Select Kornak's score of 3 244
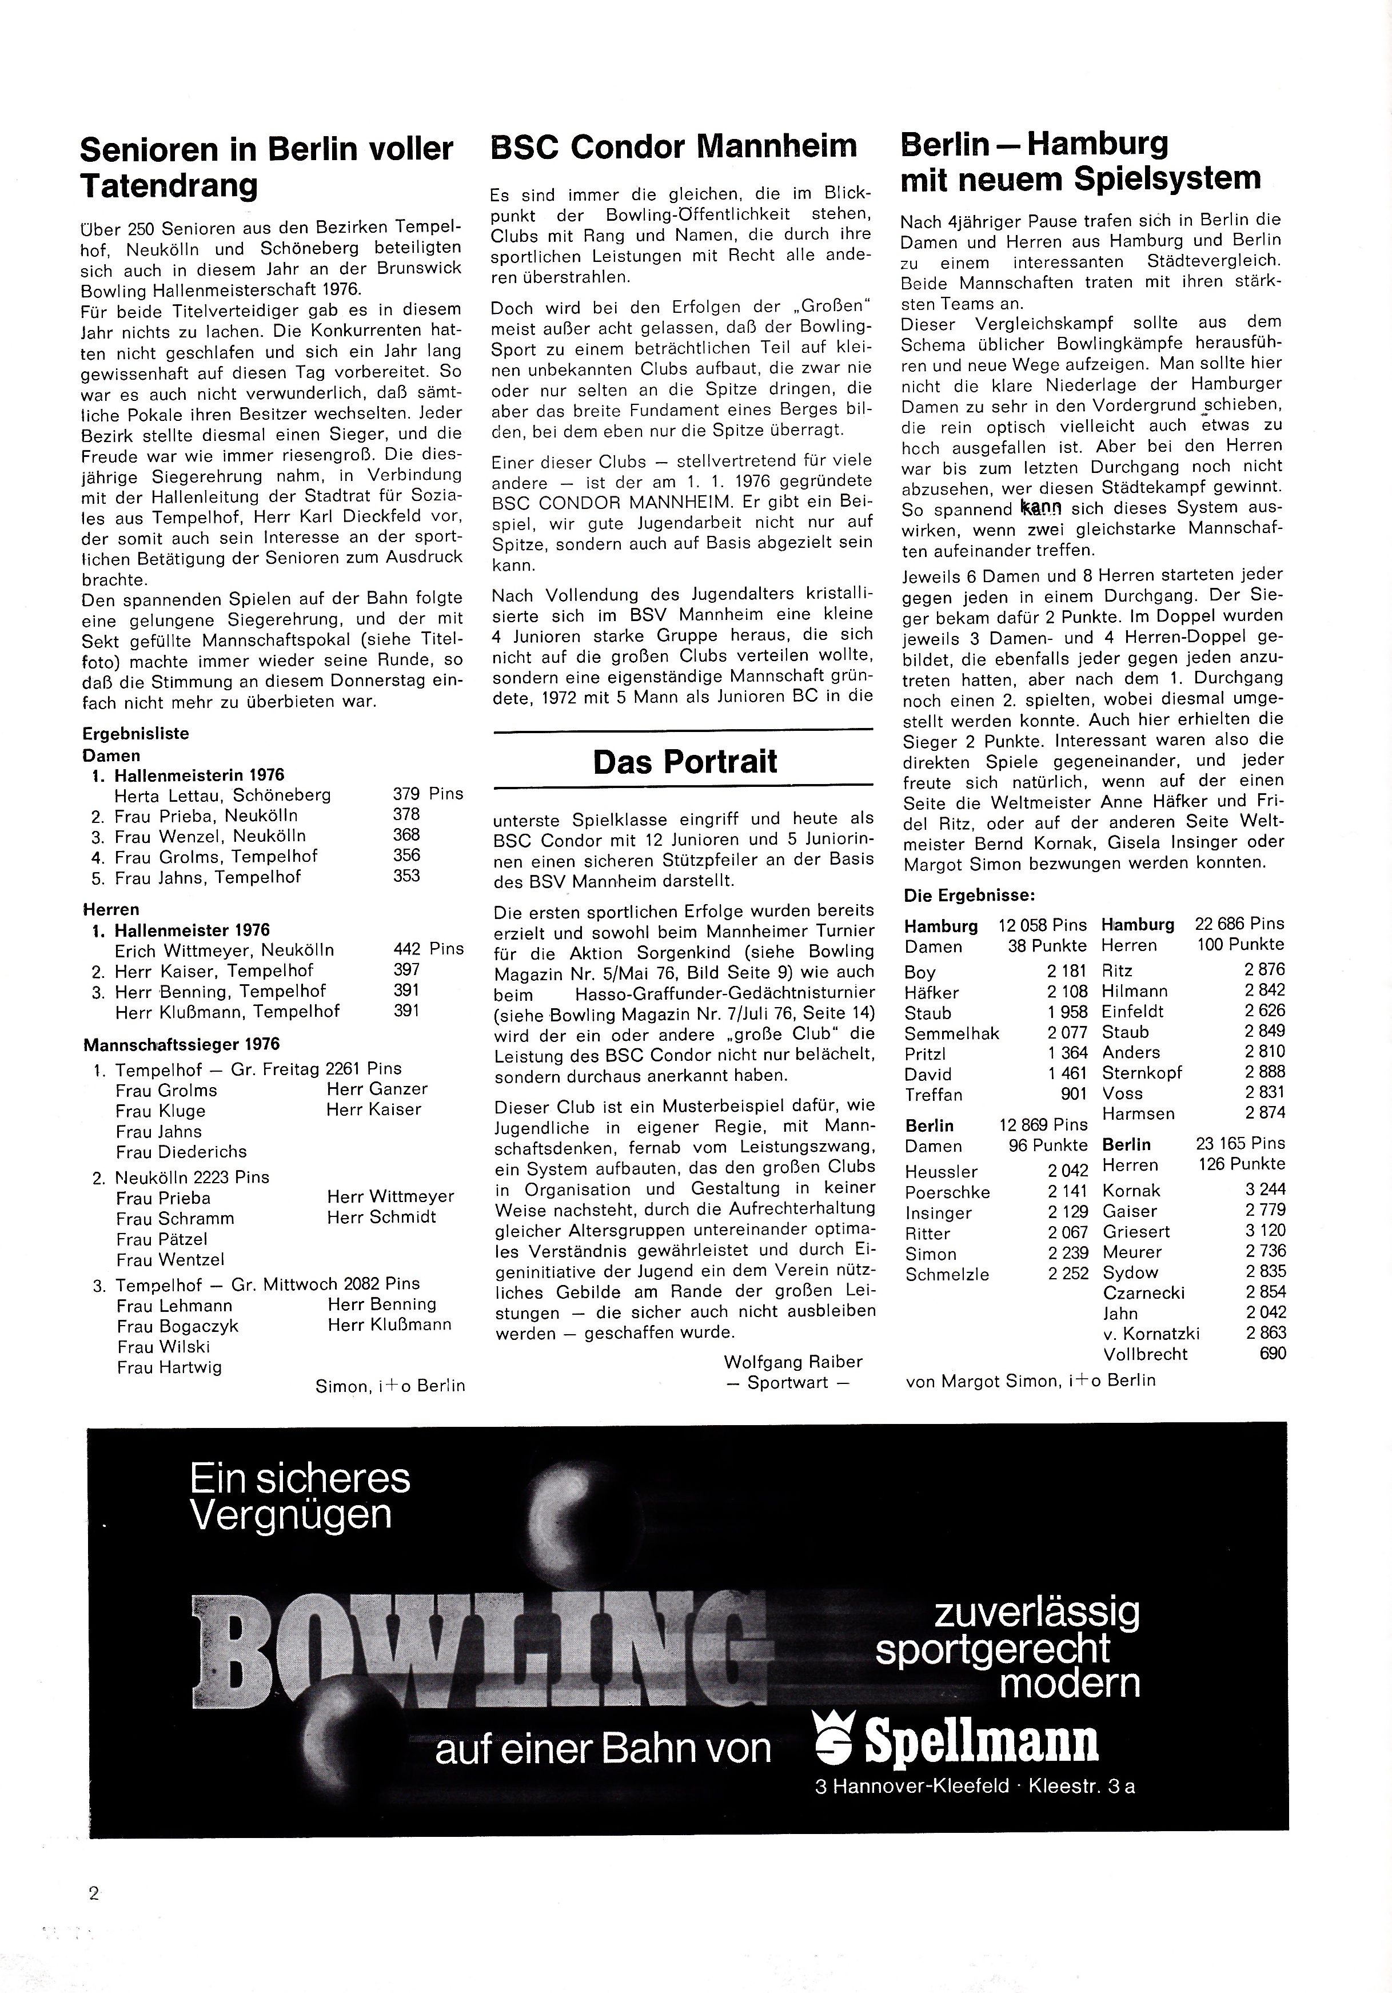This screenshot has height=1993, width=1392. pos(1265,1189)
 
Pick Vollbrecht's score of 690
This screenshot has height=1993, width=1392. pos(1273,1353)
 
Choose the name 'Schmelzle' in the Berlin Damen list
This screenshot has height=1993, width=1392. pos(948,1274)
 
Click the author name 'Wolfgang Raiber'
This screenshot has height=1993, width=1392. pos(793,1362)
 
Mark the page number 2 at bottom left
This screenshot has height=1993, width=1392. pos(94,1893)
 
